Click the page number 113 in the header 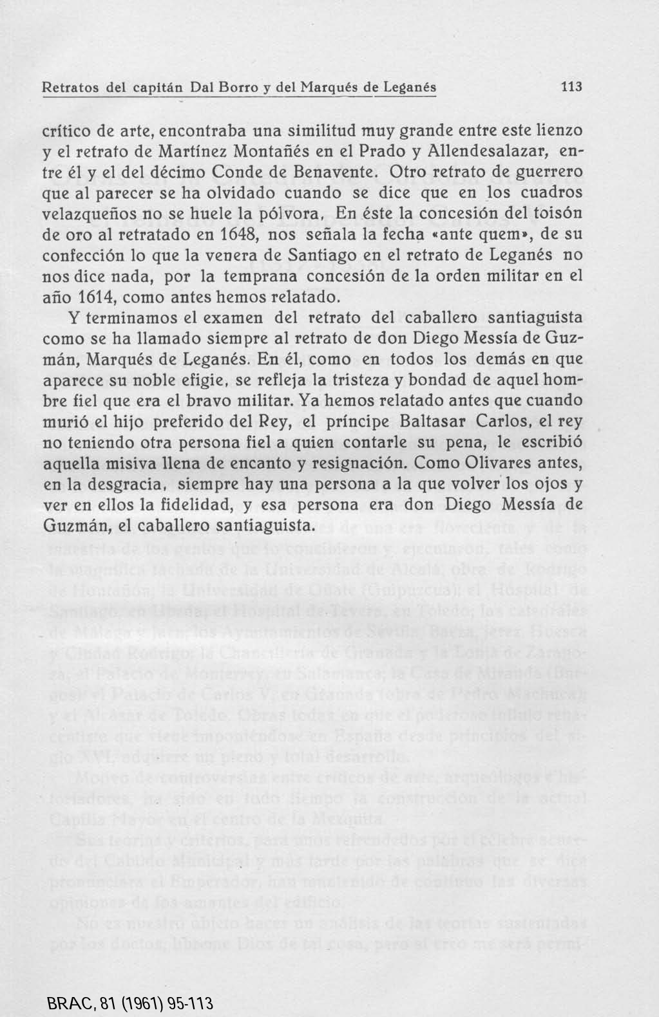(x=571, y=87)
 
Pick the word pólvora (x=291, y=214)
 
